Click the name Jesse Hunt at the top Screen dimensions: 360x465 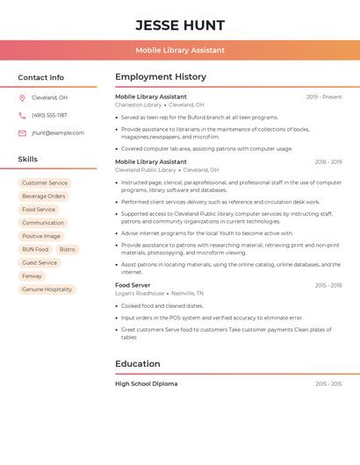tap(180, 25)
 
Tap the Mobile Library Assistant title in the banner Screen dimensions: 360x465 tap(180, 50)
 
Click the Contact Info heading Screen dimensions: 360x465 tap(41, 77)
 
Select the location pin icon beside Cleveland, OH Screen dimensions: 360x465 tap(22, 97)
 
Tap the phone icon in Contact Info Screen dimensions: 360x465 tap(22, 115)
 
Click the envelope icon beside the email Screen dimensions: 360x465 tap(22, 133)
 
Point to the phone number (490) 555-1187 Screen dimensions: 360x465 tap(49, 115)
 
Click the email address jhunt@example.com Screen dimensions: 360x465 tap(58, 133)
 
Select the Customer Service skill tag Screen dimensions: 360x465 tap(45, 182)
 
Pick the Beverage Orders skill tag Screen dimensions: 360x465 tap(44, 196)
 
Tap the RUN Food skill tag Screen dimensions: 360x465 tap(35, 249)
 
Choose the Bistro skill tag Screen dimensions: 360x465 tap(68, 249)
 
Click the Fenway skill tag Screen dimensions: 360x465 tap(32, 275)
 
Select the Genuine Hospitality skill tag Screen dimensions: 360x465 tap(47, 289)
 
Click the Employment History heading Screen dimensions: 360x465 tap(161, 77)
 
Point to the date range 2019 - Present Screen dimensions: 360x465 tap(324, 97)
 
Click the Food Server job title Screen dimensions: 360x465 tap(133, 285)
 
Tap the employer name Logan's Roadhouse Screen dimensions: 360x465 tap(140, 294)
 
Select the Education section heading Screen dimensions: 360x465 tap(138, 363)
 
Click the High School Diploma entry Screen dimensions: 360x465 tap(146, 383)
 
